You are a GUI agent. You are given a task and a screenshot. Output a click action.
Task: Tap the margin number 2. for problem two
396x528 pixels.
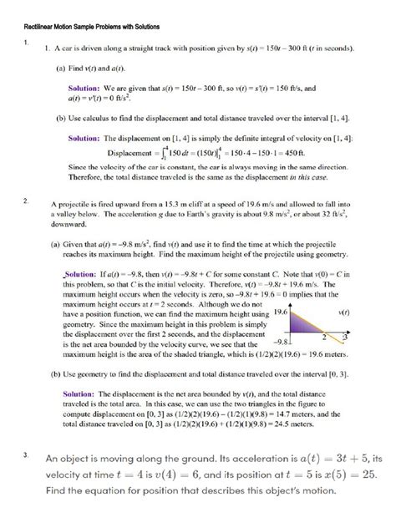pos(27,201)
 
